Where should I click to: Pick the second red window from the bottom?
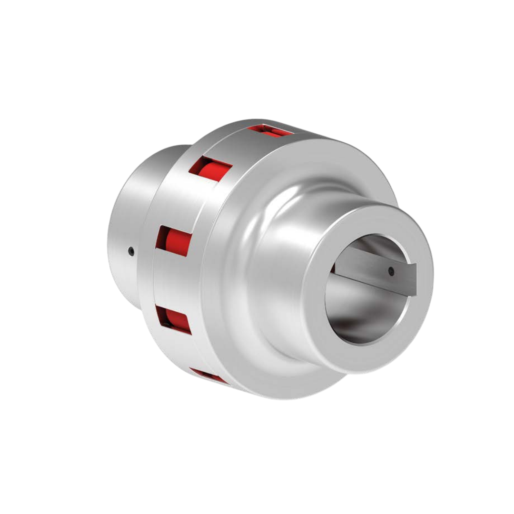click(173, 319)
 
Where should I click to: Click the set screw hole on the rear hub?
click(131, 251)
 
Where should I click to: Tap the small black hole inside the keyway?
click(391, 271)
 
